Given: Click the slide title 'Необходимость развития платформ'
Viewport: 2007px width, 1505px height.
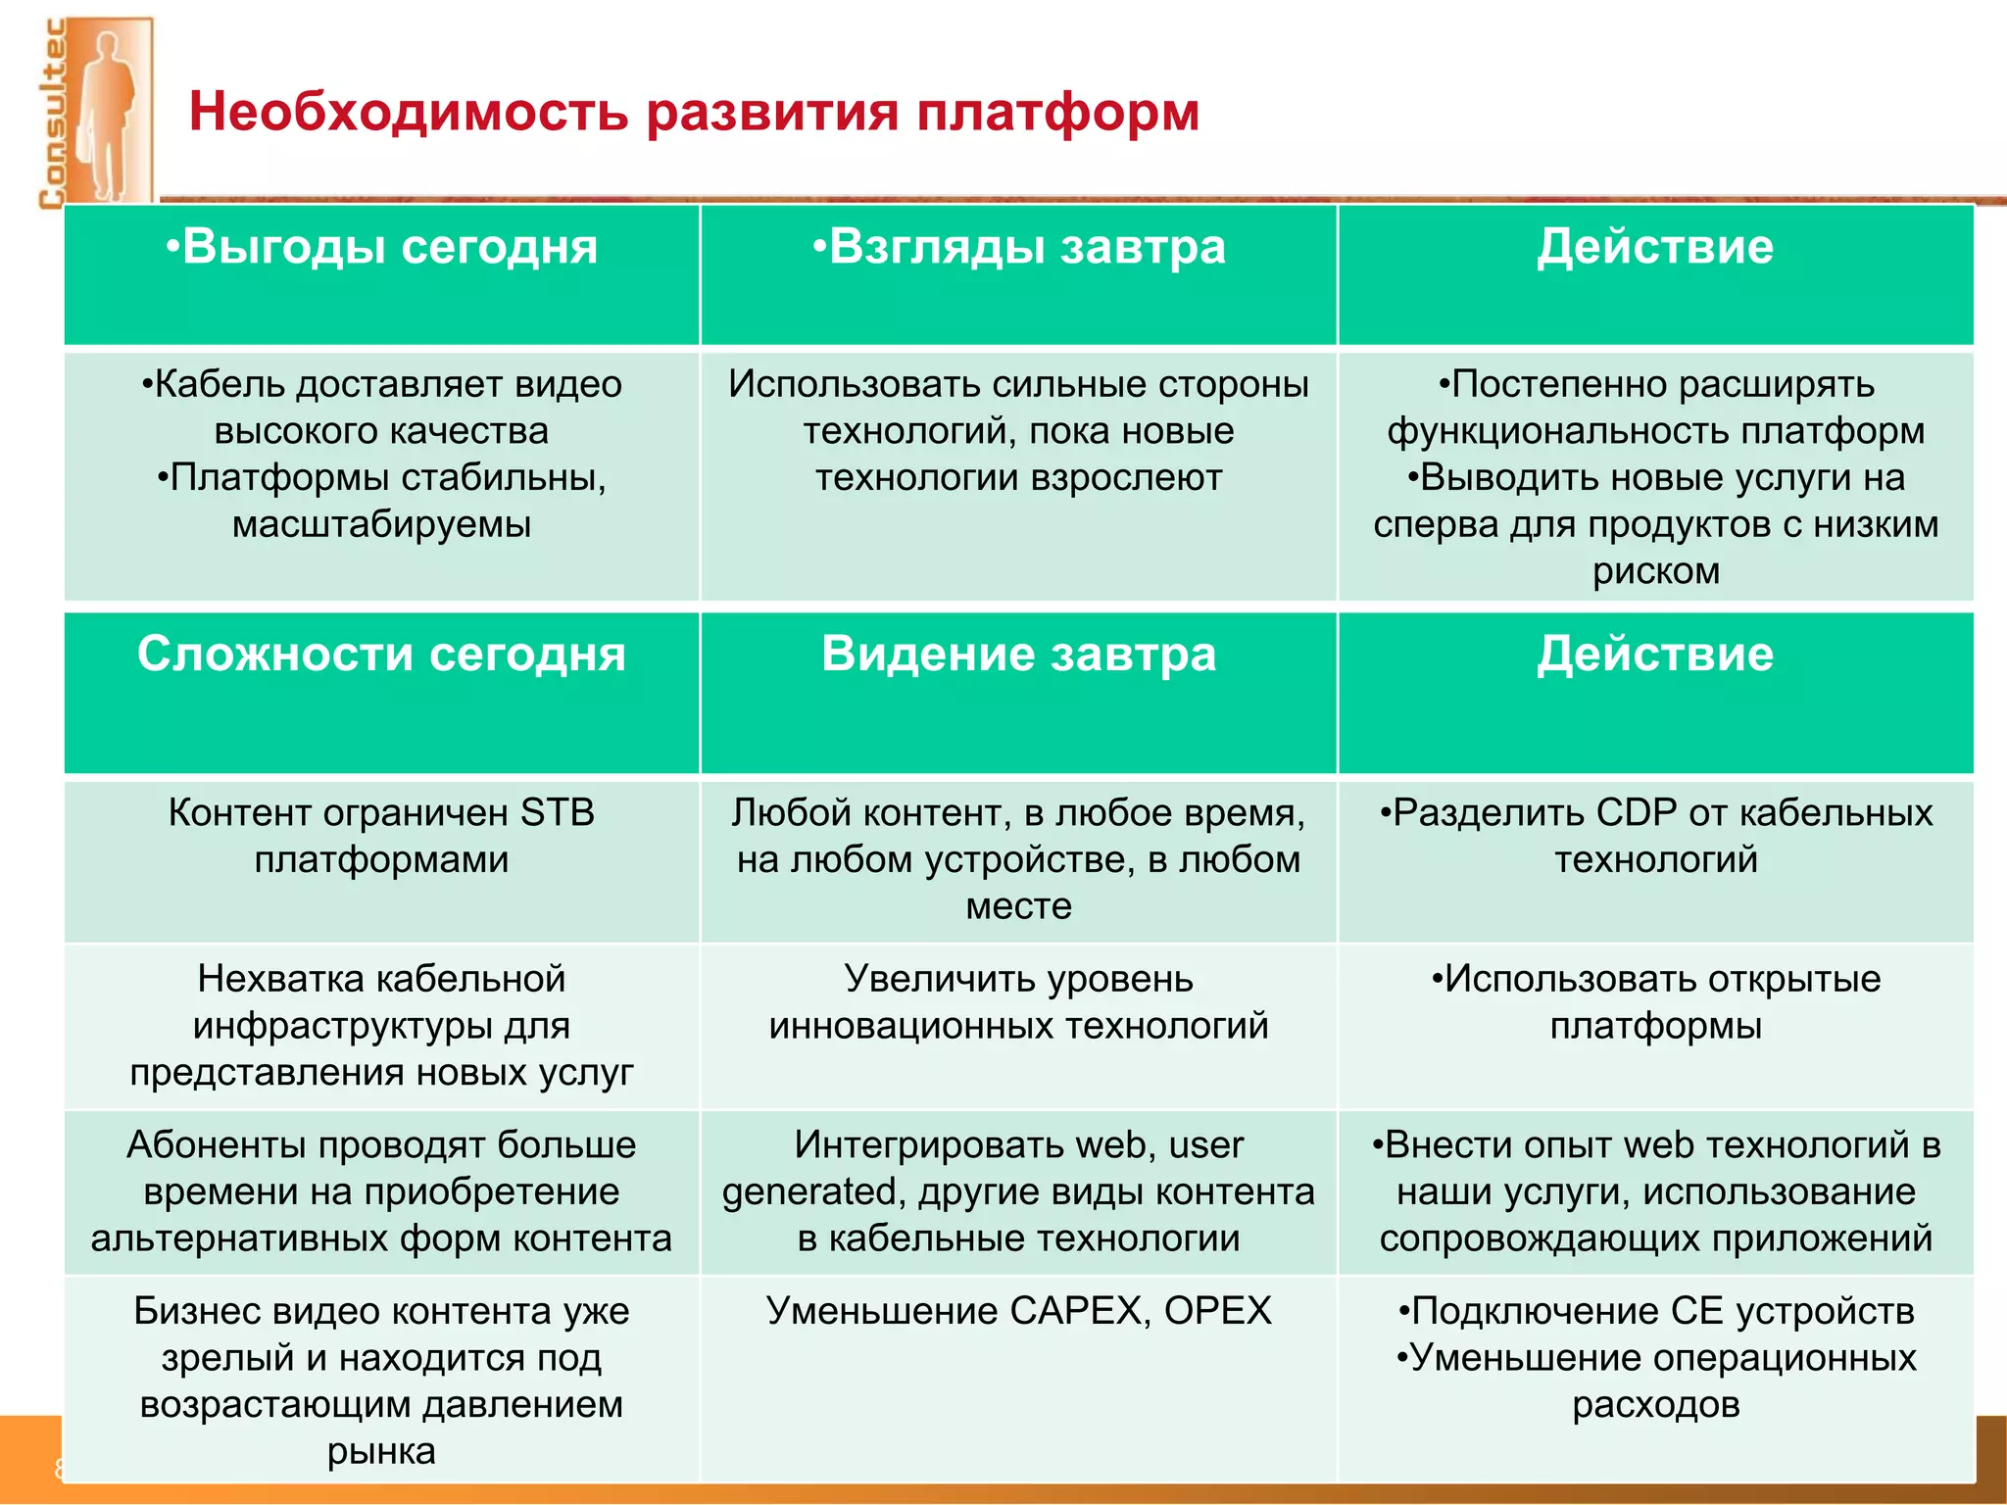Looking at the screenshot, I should click(x=693, y=112).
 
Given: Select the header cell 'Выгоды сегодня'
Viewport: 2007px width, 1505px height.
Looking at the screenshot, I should click(x=381, y=248).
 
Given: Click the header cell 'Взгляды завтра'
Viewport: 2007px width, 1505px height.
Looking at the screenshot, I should click(x=1018, y=248).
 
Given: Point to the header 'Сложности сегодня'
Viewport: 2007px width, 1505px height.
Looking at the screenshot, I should click(x=381, y=655).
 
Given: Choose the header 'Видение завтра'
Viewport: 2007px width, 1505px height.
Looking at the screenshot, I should click(x=1018, y=655).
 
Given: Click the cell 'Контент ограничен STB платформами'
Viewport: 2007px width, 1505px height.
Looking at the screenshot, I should click(x=381, y=836).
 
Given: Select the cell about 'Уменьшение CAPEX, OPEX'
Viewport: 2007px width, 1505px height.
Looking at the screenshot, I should click(x=1018, y=1311).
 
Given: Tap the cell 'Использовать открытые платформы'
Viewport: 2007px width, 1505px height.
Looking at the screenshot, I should click(x=1655, y=1002).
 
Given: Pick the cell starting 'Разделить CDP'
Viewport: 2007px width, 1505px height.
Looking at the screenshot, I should click(x=1655, y=836).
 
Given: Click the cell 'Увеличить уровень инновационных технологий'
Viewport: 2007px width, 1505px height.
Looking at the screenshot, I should click(x=1018, y=1002).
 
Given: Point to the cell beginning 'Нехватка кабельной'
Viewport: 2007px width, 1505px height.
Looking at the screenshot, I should click(x=381, y=1025).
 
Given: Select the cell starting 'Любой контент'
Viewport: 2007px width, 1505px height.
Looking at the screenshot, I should click(x=1018, y=859).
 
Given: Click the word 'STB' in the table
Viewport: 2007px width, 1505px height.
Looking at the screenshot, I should click(x=557, y=813).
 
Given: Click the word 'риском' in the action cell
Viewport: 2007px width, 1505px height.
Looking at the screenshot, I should click(x=1655, y=571).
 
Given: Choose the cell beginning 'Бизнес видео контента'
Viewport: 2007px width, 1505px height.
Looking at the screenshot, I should click(x=381, y=1381).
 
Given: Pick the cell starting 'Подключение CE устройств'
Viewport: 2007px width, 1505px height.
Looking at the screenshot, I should click(x=1655, y=1357).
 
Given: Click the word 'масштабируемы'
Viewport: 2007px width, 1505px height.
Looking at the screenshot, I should click(x=381, y=525).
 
